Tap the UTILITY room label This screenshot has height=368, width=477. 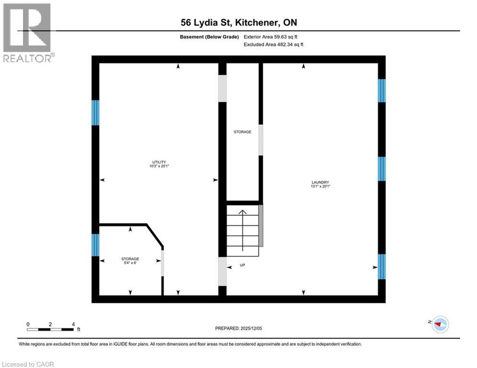pyautogui.click(x=159, y=162)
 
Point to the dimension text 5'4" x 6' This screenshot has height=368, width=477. pyautogui.click(x=130, y=263)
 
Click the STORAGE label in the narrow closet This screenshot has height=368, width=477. pyautogui.click(x=242, y=132)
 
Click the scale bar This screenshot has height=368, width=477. pyautogui.click(x=50, y=329)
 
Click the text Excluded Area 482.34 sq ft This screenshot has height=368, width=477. pyautogui.click(x=274, y=44)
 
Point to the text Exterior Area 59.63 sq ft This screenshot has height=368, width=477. pyautogui.click(x=274, y=36)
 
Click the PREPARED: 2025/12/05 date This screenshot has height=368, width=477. pyautogui.click(x=243, y=328)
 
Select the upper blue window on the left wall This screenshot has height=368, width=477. pyautogui.click(x=95, y=113)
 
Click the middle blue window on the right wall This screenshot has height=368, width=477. pyautogui.click(x=382, y=169)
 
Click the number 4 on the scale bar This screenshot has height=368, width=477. pyautogui.click(x=73, y=324)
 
